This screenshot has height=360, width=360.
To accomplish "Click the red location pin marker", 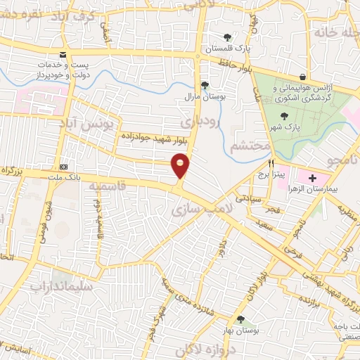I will pyautogui.click(x=181, y=166).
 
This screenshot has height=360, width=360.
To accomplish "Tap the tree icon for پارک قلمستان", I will pyautogui.click(x=226, y=37).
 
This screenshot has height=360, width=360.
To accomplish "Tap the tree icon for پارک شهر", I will pyautogui.click(x=284, y=116).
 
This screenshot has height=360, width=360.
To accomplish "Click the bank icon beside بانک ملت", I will pyautogui.click(x=64, y=167).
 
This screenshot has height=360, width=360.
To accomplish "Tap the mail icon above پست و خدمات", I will pyautogui.click(x=63, y=55).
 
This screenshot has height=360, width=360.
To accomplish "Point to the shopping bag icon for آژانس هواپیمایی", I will pyautogui.click(x=302, y=77).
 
